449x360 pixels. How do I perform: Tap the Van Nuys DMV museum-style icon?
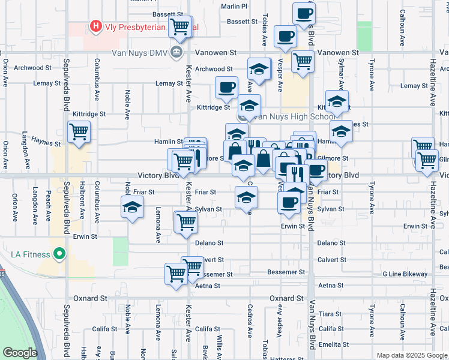[x=176, y=52]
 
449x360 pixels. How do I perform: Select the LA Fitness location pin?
[x=59, y=254]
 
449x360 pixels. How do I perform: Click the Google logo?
[x=19, y=353]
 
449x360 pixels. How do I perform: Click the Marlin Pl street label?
[x=234, y=7]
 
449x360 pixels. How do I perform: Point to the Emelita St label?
[x=331, y=344]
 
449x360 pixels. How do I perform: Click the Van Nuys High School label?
[x=294, y=117]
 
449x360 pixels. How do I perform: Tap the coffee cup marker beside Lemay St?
[x=226, y=88]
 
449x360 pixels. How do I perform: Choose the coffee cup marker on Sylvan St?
[x=289, y=202]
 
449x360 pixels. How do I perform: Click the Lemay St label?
[x=169, y=83]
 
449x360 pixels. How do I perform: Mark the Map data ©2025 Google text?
[x=411, y=355]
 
